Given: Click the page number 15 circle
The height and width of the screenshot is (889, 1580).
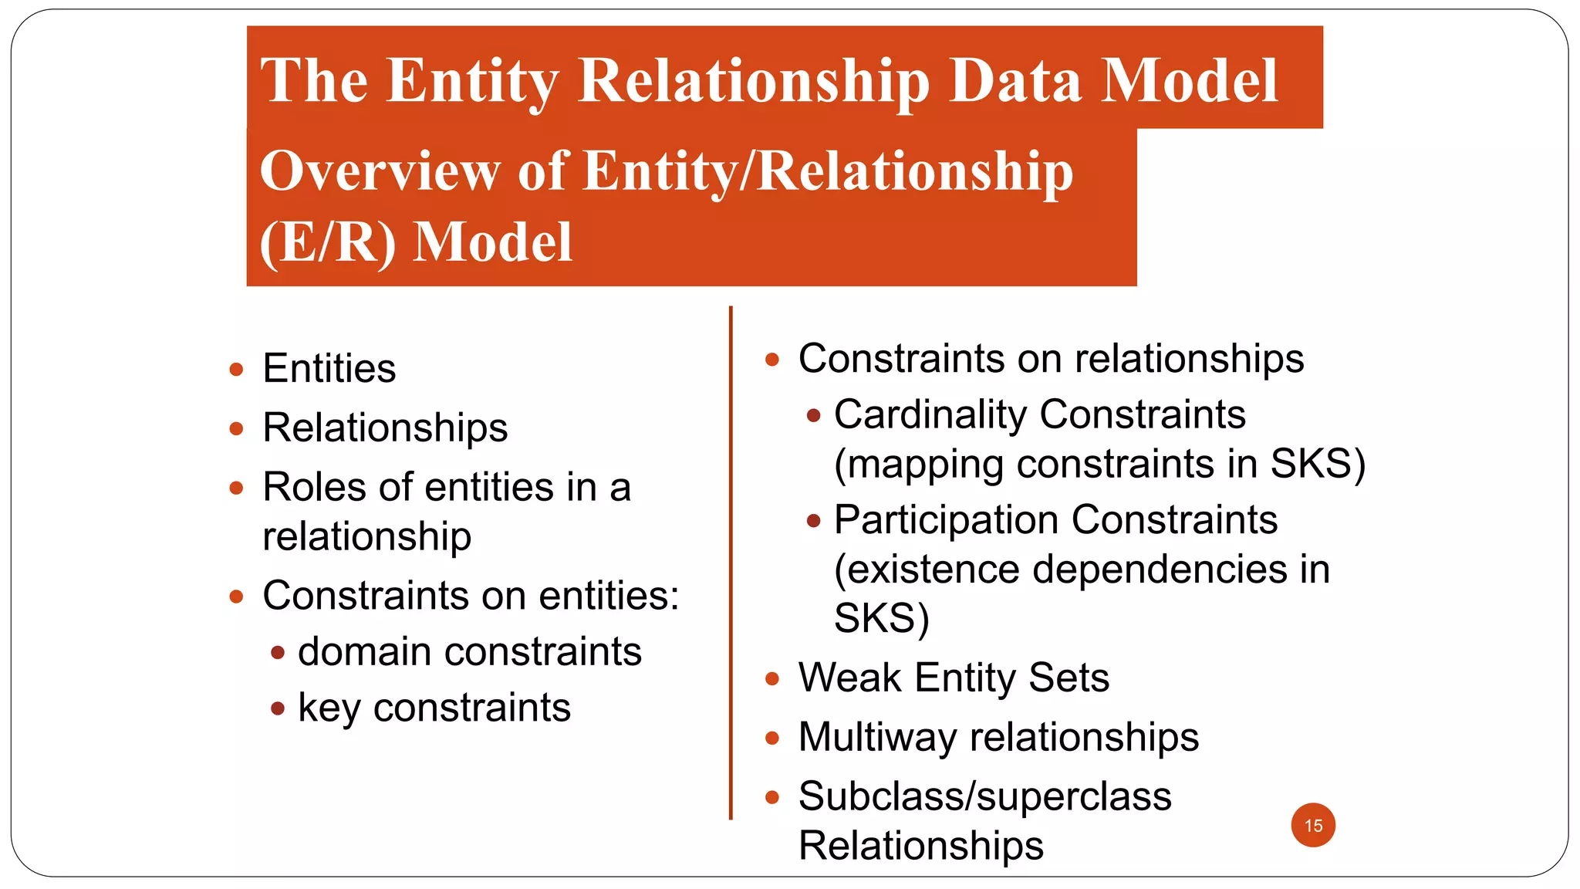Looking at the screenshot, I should pos(1313,825).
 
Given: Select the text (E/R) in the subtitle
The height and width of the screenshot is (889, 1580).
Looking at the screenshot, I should pos(328,242).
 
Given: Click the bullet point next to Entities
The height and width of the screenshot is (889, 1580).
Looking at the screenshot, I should pos(237,369).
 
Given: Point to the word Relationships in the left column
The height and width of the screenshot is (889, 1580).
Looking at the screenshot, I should pos(385,428).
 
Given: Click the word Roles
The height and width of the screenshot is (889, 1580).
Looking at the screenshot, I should pos(313,487).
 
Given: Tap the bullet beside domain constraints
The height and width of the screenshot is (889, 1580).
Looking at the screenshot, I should pos(278,653).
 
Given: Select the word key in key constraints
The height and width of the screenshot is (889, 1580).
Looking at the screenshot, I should pos(329,708).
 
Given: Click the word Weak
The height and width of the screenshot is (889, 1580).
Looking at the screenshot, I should pos(850,678).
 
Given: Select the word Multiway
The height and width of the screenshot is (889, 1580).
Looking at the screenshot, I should pos(877,737).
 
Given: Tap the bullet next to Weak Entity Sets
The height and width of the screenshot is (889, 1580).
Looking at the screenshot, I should pos(772,679).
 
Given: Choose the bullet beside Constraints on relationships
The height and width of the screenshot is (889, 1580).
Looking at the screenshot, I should pos(772,360).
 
